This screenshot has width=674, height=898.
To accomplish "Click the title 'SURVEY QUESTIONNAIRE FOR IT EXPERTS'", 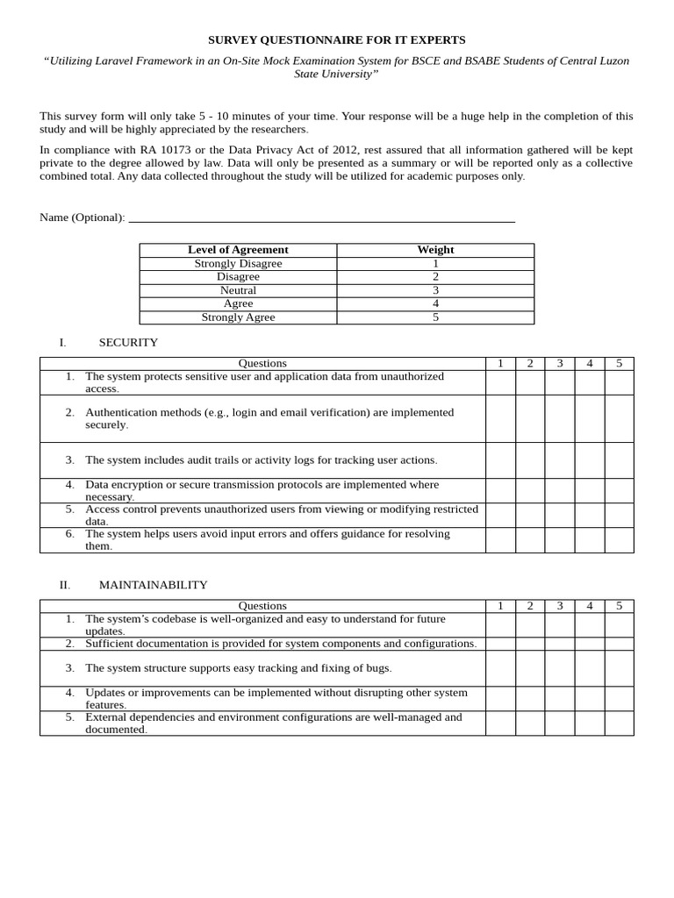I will pyautogui.click(x=336, y=39).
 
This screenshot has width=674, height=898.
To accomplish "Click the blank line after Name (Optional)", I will pyautogui.click(x=321, y=217).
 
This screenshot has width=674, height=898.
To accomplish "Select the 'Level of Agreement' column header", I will pyautogui.click(x=238, y=250).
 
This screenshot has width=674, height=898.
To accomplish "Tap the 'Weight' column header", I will pyautogui.click(x=435, y=250).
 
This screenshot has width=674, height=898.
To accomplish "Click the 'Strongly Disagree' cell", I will pyautogui.click(x=238, y=263).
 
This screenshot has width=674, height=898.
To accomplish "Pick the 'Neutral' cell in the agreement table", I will pyautogui.click(x=238, y=290).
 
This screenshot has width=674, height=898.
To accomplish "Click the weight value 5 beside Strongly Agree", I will pyautogui.click(x=435, y=317).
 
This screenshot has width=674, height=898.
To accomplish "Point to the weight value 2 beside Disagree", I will pyautogui.click(x=435, y=276).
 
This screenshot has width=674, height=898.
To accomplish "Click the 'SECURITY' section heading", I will pyautogui.click(x=128, y=343).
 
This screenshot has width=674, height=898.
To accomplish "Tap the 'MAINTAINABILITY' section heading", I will pyautogui.click(x=153, y=585).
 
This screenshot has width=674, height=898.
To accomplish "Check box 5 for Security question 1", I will pyautogui.click(x=619, y=382).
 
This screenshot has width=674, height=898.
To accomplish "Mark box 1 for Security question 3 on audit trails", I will pyautogui.click(x=500, y=460).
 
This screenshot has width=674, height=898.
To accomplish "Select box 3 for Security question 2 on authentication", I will pyautogui.click(x=560, y=418).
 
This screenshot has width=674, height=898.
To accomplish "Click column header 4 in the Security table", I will pyautogui.click(x=590, y=363).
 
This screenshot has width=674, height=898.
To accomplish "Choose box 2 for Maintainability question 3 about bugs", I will pyautogui.click(x=530, y=668).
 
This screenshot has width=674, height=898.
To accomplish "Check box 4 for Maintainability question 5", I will pyautogui.click(x=590, y=723).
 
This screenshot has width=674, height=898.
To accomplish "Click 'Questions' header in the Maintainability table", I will pyautogui.click(x=262, y=606).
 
